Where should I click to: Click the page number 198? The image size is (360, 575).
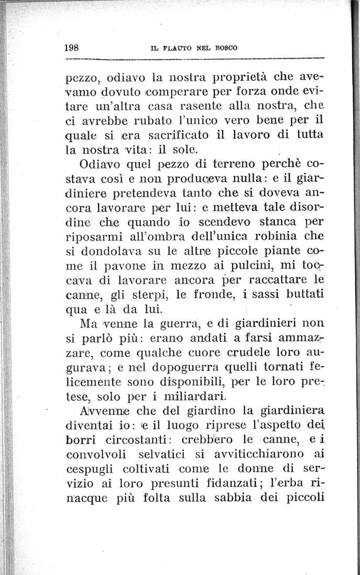71,46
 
